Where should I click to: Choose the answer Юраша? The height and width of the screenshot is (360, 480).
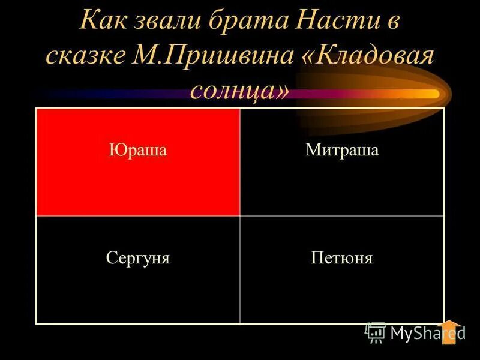137,150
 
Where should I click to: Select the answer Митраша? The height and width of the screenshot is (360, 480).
342,150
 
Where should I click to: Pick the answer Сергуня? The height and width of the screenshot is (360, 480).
137,259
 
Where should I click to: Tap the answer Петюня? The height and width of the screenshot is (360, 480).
342,259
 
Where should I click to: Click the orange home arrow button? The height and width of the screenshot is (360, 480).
449,331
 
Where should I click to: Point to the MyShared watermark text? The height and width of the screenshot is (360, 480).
427,333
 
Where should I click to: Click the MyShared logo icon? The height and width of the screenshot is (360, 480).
376,332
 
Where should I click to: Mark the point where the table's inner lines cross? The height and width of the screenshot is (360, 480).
240,216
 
